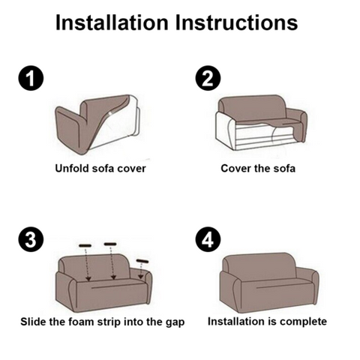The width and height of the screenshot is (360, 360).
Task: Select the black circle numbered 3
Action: [26, 240]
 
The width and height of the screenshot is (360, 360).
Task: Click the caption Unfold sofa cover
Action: [100, 168]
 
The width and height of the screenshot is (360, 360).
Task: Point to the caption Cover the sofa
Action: [258, 168]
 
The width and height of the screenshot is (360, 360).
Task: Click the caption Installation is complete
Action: [267, 322]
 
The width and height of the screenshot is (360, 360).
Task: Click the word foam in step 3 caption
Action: [94, 322]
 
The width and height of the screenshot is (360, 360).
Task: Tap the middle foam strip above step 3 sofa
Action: [110, 244]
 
